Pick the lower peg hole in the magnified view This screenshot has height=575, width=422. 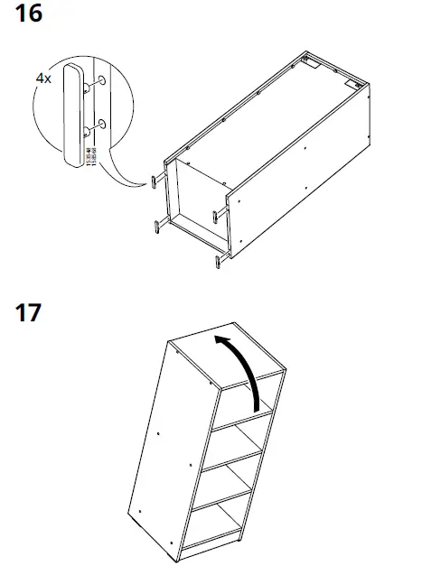click(x=101, y=122)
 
